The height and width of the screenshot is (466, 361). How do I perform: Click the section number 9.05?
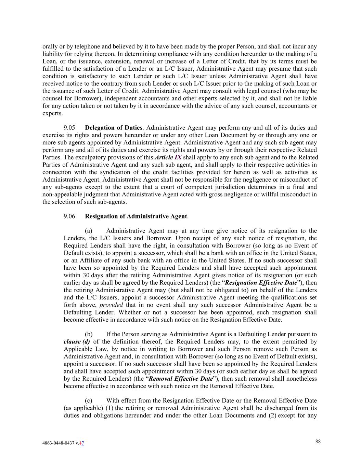point(69,128)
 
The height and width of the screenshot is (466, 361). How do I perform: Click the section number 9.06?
point(69,216)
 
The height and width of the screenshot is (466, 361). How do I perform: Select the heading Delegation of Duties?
point(113,128)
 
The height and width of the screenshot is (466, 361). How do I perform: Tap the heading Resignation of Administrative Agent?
point(136,216)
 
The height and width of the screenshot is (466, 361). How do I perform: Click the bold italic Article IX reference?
point(168,157)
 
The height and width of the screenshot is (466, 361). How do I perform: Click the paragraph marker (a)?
point(89,231)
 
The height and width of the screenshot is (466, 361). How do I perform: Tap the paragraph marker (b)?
point(89,334)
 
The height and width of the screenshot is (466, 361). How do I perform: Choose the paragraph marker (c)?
point(89,401)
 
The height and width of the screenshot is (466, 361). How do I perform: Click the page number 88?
point(318,441)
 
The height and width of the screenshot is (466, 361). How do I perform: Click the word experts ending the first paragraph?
point(52,113)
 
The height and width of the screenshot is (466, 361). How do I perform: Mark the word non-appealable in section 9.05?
point(60,194)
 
